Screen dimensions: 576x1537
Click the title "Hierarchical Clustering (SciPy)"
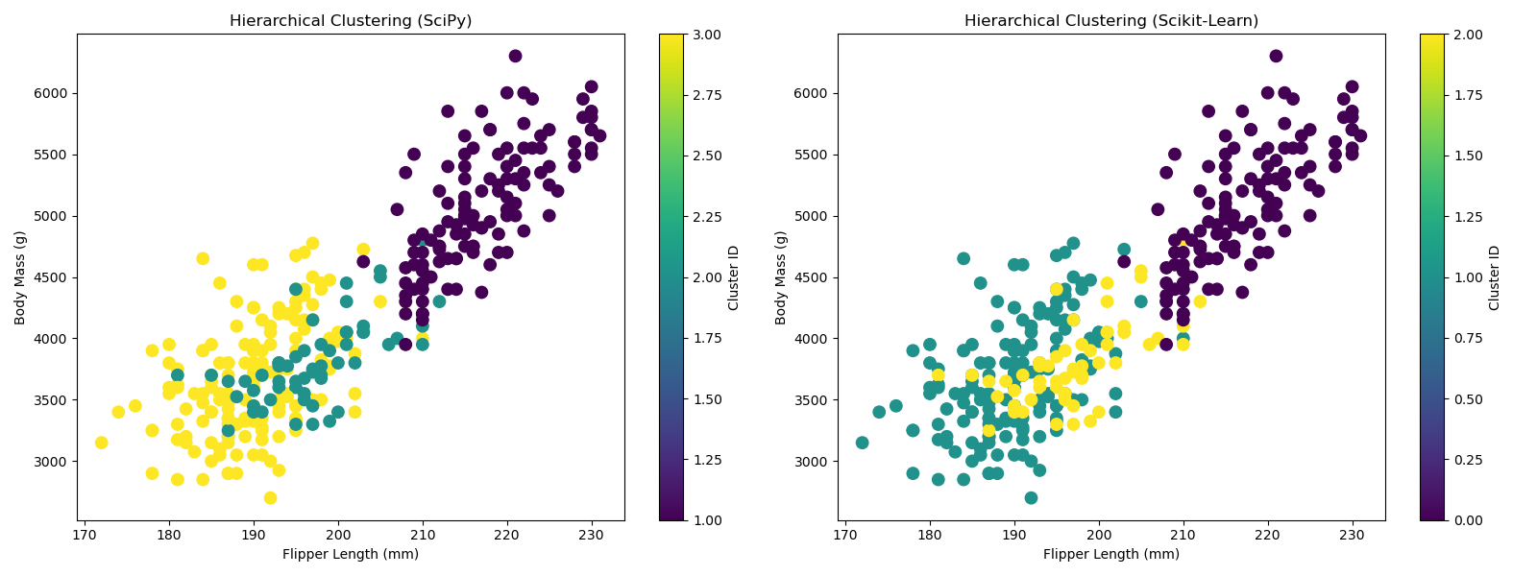[x=351, y=21]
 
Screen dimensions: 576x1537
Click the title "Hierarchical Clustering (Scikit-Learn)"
[x=1111, y=21]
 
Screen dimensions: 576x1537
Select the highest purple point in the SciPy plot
[x=515, y=56]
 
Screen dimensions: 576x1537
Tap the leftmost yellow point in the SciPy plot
[x=101, y=443]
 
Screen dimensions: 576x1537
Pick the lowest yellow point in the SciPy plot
[x=270, y=497]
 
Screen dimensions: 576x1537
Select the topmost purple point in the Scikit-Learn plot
[x=1276, y=56]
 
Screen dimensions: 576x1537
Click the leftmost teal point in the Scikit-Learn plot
[x=862, y=443]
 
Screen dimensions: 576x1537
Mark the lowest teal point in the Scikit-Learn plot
[x=1031, y=497]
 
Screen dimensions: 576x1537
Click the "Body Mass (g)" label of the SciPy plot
[x=21, y=277]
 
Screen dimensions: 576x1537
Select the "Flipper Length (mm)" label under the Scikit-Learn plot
[x=1111, y=554]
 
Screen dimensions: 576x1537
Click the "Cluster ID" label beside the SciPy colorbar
[x=734, y=277]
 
